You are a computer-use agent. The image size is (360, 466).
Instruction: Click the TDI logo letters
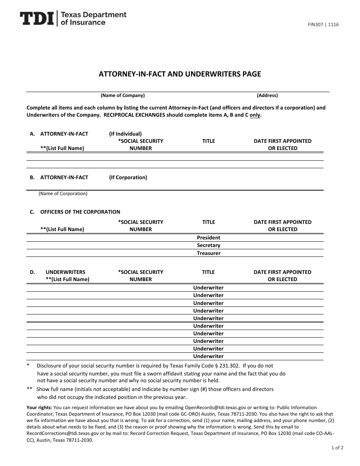36,19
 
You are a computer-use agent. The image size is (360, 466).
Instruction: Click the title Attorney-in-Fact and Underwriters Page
180,74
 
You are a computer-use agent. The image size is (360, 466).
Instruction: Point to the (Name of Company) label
122,95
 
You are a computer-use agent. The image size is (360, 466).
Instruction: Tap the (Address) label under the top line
267,95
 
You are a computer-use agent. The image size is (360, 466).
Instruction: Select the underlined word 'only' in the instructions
255,115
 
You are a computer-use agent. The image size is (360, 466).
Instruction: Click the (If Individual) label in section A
125,134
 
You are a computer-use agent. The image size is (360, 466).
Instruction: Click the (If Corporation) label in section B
128,177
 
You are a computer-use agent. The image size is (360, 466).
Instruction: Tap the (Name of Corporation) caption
63,194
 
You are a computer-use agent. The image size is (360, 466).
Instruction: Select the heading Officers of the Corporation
80,212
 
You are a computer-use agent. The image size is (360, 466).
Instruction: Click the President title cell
208,238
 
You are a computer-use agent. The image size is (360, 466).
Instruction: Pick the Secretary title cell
208,245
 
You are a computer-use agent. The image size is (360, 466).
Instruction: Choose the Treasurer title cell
208,253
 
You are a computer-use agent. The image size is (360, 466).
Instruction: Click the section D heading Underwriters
65,272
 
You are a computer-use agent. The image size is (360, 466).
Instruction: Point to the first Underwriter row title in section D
208,288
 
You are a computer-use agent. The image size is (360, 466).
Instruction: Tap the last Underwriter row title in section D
208,356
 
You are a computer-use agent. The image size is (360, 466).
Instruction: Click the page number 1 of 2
337,448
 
